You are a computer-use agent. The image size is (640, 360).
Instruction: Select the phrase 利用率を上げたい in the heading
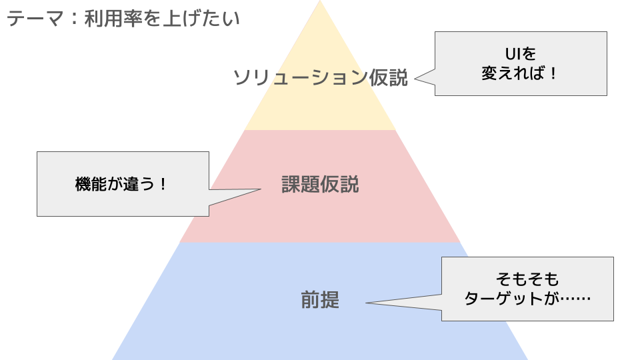pos(162,19)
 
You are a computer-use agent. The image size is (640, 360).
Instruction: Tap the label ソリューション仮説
pos(319,78)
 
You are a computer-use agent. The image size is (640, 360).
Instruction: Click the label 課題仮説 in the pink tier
pos(320,185)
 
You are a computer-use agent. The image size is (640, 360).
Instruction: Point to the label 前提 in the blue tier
pos(320,301)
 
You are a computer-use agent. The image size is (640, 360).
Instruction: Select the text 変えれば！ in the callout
pos(520,73)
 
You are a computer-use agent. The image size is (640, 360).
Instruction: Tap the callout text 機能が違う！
pos(122,185)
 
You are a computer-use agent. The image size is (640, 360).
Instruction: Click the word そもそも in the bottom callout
pos(527,279)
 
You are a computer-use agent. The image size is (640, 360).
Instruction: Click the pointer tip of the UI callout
pos(415,79)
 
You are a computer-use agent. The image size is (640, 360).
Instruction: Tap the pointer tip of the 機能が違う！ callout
pos(260,189)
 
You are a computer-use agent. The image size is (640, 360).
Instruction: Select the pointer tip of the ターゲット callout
pos(367,304)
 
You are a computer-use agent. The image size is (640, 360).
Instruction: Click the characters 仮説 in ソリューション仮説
pos(387,78)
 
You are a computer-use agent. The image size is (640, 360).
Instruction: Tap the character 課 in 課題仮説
pos(291,185)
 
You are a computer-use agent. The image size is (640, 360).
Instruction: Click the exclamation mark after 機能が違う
pos(163,185)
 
